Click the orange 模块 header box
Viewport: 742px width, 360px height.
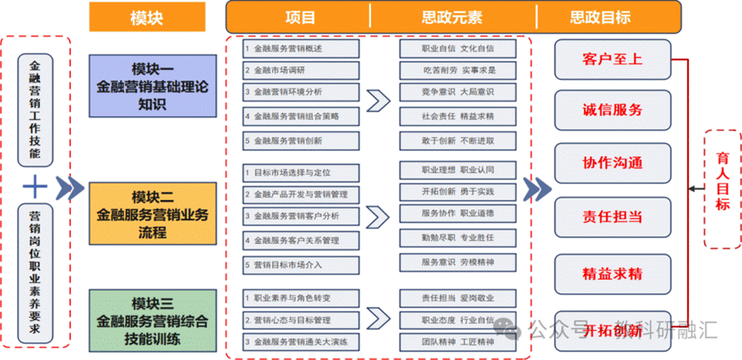pos(147,17)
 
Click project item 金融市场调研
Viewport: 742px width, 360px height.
pos(302,70)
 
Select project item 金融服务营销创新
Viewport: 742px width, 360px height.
pos(302,141)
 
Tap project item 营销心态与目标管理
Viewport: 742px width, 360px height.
pos(302,319)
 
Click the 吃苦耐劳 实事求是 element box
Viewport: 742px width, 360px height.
pos(457,70)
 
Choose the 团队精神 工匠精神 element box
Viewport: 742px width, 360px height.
pos(457,341)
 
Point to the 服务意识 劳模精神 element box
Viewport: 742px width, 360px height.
pos(457,262)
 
